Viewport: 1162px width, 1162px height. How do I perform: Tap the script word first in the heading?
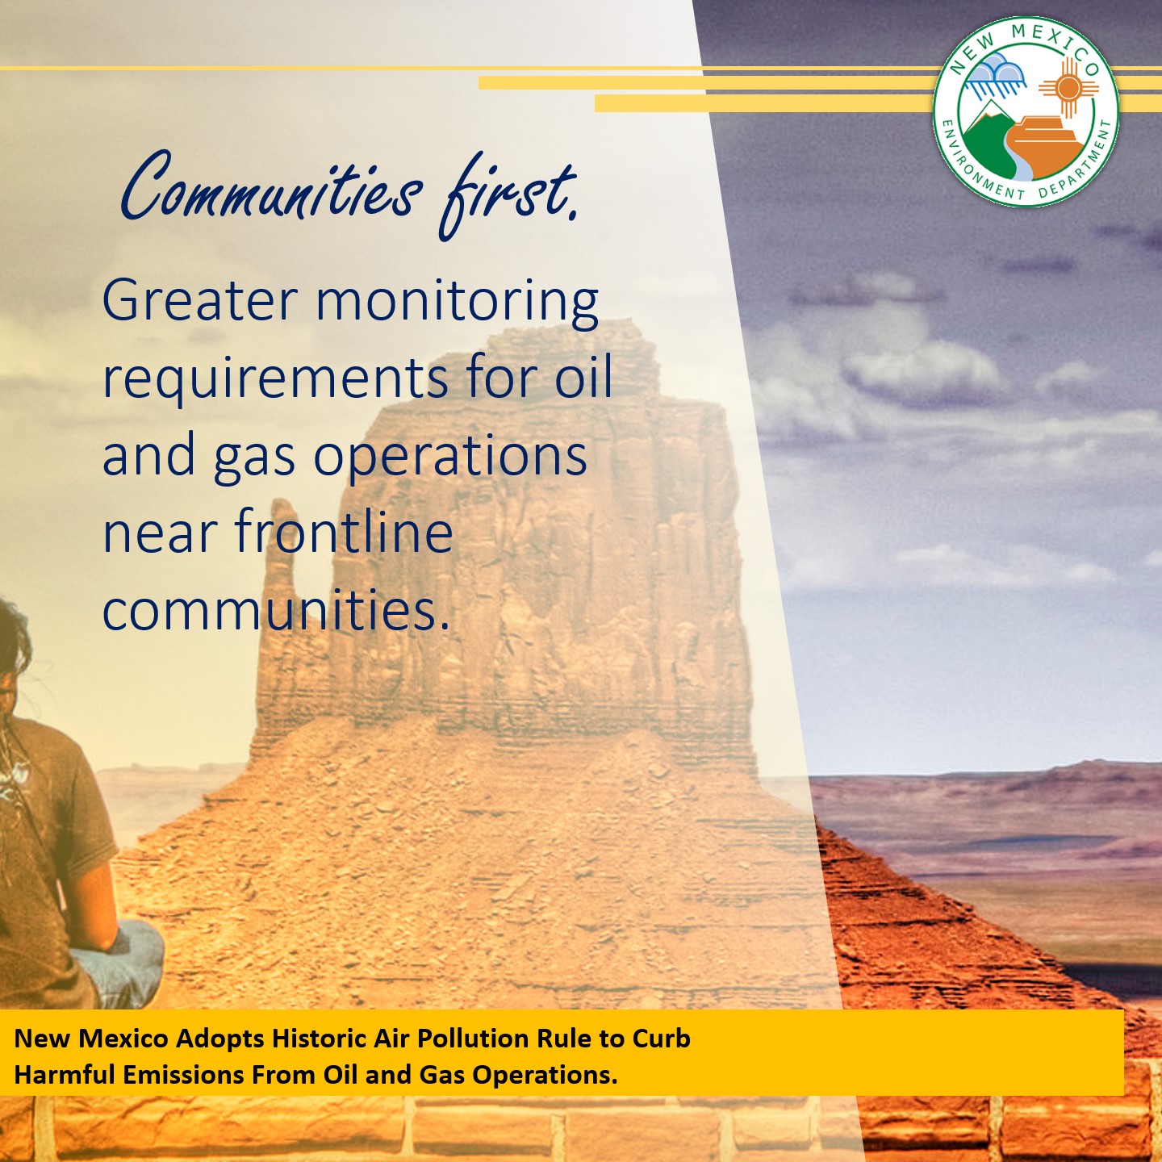(x=508, y=194)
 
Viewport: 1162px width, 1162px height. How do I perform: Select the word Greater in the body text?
(x=199, y=301)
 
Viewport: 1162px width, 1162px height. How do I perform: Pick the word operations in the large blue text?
(x=449, y=456)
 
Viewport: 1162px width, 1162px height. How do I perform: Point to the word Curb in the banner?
(x=661, y=1039)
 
